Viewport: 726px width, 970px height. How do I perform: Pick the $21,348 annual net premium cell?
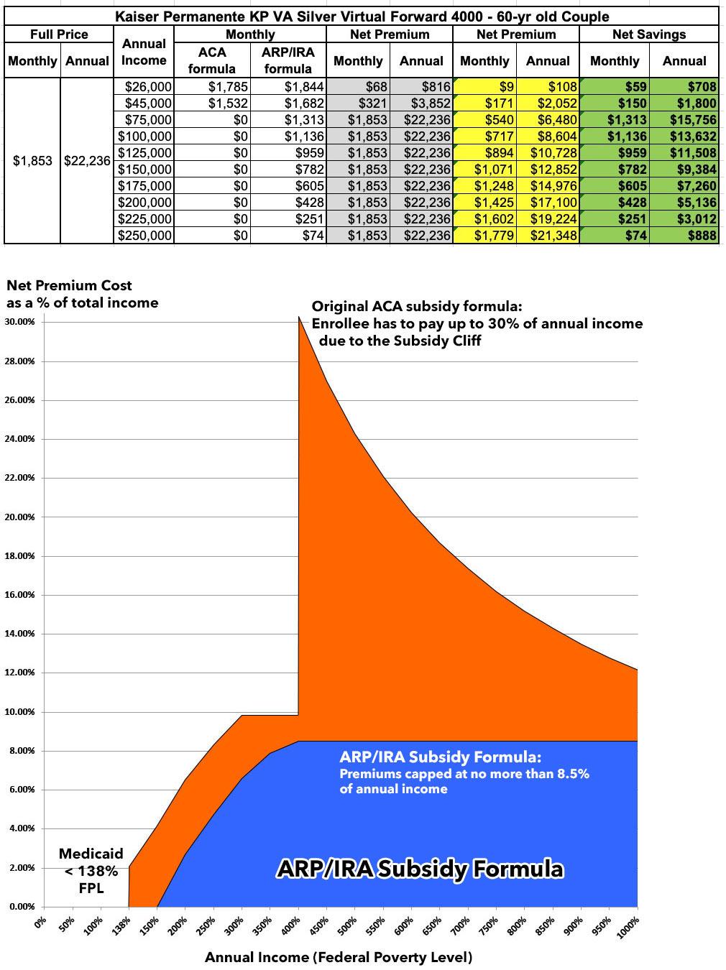[548, 236]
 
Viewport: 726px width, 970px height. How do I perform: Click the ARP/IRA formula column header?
[288, 60]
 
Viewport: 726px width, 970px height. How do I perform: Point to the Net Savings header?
[648, 34]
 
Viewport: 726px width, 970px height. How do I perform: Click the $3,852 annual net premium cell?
[421, 103]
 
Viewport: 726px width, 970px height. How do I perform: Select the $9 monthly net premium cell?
[484, 87]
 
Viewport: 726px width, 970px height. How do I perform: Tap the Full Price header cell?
[59, 34]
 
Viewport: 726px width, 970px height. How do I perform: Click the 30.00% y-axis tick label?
[19, 322]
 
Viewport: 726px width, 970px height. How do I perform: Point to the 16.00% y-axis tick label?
[19, 595]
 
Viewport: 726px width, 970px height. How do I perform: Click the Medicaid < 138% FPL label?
[91, 871]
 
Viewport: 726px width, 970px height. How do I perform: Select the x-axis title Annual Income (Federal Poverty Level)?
[339, 957]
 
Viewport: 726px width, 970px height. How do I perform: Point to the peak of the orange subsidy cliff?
[299, 318]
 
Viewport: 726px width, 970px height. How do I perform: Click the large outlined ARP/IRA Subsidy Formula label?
[421, 869]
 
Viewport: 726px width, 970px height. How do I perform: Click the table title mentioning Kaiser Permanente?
[362, 16]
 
